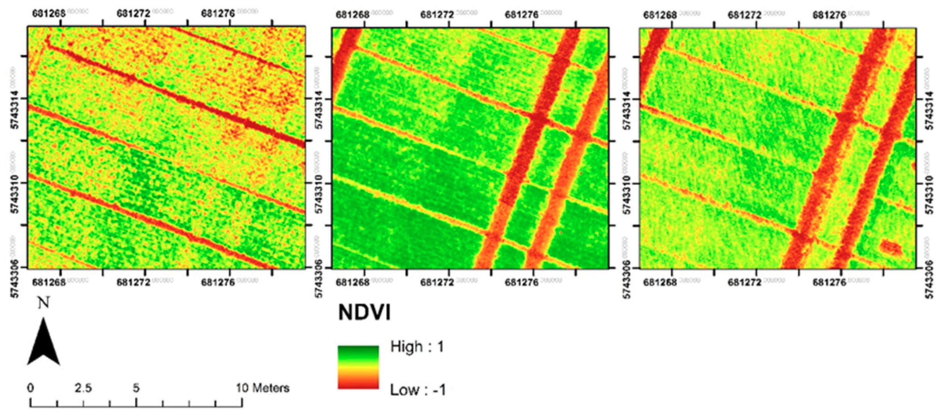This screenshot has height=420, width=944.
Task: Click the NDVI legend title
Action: click(x=364, y=313)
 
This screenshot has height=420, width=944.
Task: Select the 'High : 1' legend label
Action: click(x=417, y=347)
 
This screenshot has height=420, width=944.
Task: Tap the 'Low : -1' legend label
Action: click(x=418, y=390)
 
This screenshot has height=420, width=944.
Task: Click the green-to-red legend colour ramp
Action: click(x=358, y=367)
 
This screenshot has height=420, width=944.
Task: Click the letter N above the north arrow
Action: click(x=44, y=303)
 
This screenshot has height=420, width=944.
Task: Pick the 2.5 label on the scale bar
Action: click(x=83, y=388)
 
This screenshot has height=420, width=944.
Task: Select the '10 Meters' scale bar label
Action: click(x=262, y=388)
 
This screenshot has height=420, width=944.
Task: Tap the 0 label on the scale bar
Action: click(x=31, y=388)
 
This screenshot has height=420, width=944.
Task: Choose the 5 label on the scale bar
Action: click(x=136, y=388)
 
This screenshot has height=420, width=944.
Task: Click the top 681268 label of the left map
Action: click(x=49, y=14)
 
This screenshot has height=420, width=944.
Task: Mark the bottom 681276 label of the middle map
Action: click(x=522, y=283)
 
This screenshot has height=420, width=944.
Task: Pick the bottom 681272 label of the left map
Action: click(x=133, y=283)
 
